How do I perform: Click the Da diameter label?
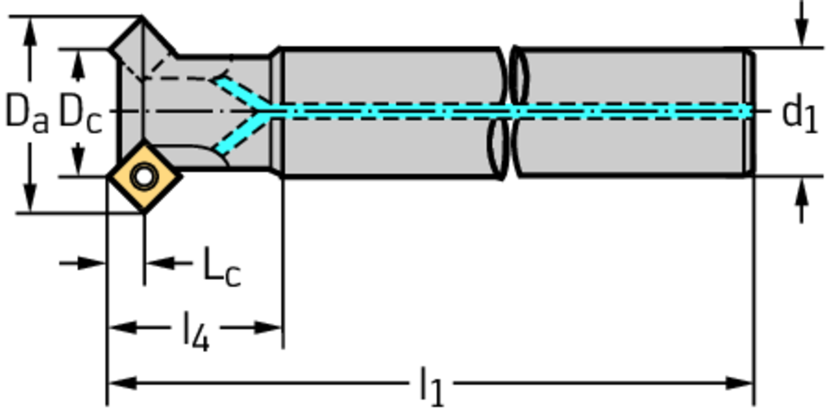(x=27, y=112)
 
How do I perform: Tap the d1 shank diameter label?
(x=799, y=113)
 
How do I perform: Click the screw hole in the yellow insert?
(x=144, y=175)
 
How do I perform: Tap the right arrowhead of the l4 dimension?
(x=270, y=327)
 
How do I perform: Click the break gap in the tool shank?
(x=509, y=112)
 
